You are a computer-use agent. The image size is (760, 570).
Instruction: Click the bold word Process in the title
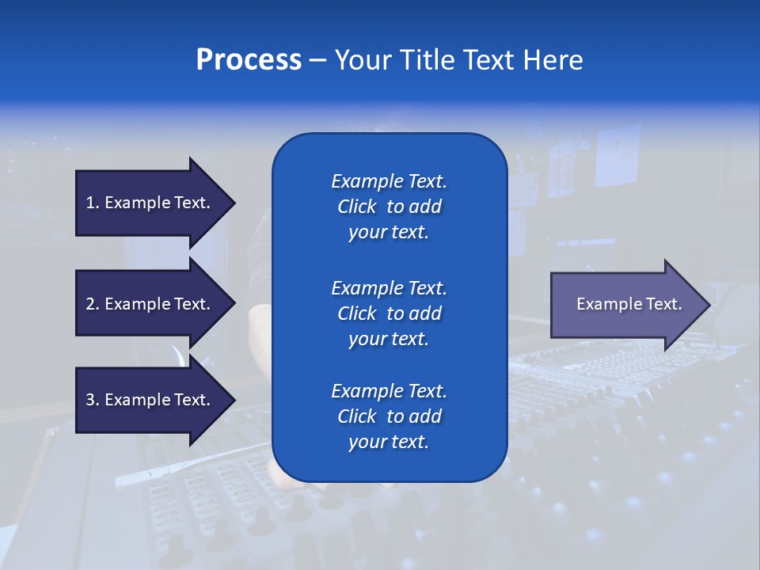249,60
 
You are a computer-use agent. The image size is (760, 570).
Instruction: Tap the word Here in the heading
553,60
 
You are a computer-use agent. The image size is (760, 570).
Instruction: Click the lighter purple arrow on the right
625,304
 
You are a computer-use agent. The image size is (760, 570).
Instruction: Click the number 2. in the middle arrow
93,304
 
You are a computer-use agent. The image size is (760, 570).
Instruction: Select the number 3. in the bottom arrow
93,400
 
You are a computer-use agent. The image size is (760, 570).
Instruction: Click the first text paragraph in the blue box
389,207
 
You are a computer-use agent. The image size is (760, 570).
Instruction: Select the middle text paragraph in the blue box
389,313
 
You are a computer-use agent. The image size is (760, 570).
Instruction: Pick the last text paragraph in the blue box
389,416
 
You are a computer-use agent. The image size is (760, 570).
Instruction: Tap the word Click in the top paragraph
357,207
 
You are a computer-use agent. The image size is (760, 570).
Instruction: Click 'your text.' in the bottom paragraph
389,442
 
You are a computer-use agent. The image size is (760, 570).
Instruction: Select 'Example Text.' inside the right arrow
629,304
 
